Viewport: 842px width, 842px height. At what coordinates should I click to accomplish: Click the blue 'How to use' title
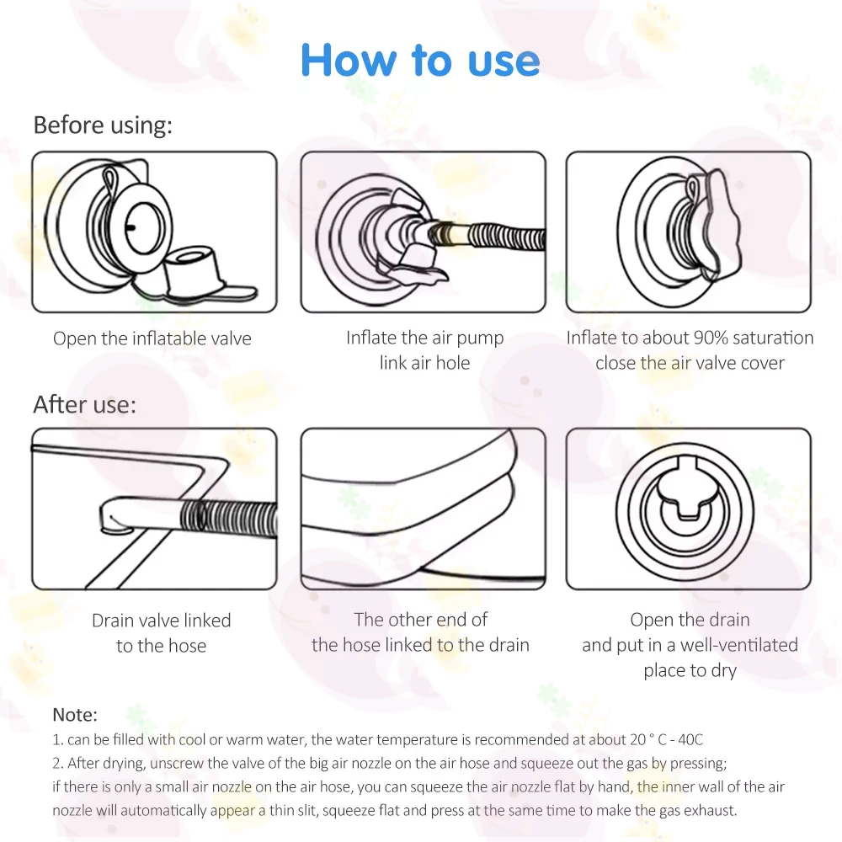[x=420, y=60]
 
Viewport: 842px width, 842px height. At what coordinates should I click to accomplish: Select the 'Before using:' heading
[x=103, y=125]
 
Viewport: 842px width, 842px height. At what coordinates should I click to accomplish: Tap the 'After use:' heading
[x=84, y=404]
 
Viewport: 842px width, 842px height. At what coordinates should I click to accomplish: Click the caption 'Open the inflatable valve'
[x=152, y=338]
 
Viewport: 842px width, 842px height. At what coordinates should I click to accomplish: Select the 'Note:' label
[x=75, y=715]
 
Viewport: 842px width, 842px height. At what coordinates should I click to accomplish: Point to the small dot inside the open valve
[x=131, y=227]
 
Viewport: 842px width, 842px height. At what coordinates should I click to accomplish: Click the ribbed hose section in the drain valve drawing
[x=229, y=518]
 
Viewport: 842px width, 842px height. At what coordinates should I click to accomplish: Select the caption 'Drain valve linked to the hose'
[x=161, y=632]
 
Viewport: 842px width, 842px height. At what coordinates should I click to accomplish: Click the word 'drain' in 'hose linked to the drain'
[x=509, y=644]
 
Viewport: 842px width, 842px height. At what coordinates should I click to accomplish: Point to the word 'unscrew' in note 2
[x=177, y=763]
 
